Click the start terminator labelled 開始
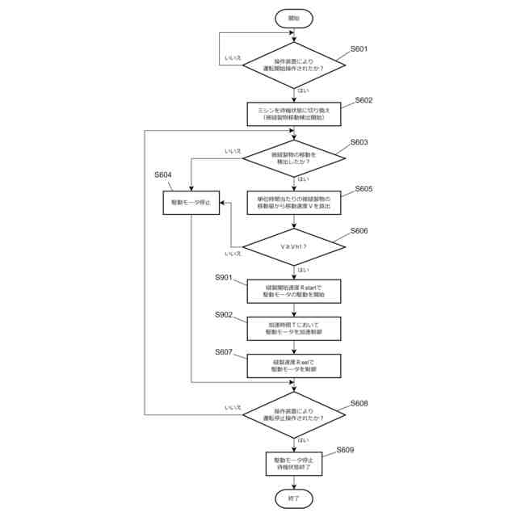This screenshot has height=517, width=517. pyautogui.click(x=293, y=17)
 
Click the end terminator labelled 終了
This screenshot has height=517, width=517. pyautogui.click(x=293, y=498)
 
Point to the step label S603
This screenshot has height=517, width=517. pyautogui.click(x=359, y=142)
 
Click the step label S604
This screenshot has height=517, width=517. pyautogui.click(x=163, y=174)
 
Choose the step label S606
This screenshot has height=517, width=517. pyautogui.click(x=359, y=231)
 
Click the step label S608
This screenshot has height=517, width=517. pyautogui.click(x=359, y=402)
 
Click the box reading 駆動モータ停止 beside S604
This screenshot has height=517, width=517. pyautogui.click(x=191, y=202)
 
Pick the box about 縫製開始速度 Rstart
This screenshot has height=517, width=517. pyautogui.click(x=293, y=291)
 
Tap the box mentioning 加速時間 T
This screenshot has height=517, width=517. pyautogui.click(x=293, y=328)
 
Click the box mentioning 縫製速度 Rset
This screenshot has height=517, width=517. pyautogui.click(x=293, y=366)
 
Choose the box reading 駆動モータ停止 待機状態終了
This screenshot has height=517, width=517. pyautogui.click(x=293, y=463)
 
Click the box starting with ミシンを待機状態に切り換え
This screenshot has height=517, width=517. pyautogui.click(x=293, y=114)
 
